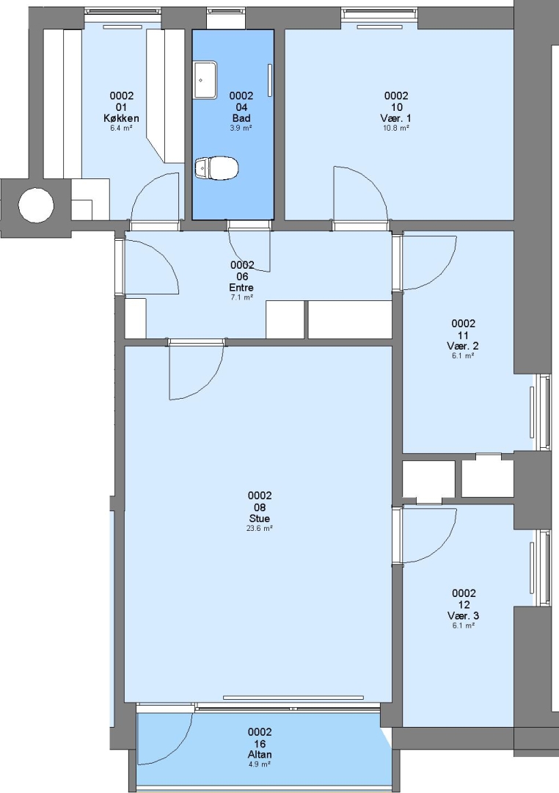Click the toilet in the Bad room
[216, 168]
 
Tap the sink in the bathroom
[205, 80]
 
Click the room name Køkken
[121, 118]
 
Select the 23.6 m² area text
[260, 529]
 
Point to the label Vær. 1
[395, 118]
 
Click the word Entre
[241, 288]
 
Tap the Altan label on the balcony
[260, 755]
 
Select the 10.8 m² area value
[395, 128]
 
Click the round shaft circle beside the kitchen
[36, 206]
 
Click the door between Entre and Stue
[196, 370]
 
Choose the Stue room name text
[259, 518]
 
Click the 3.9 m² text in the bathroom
[241, 128]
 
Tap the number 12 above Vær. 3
[464, 605]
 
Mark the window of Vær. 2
[544, 412]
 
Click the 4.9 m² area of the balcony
[260, 764]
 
